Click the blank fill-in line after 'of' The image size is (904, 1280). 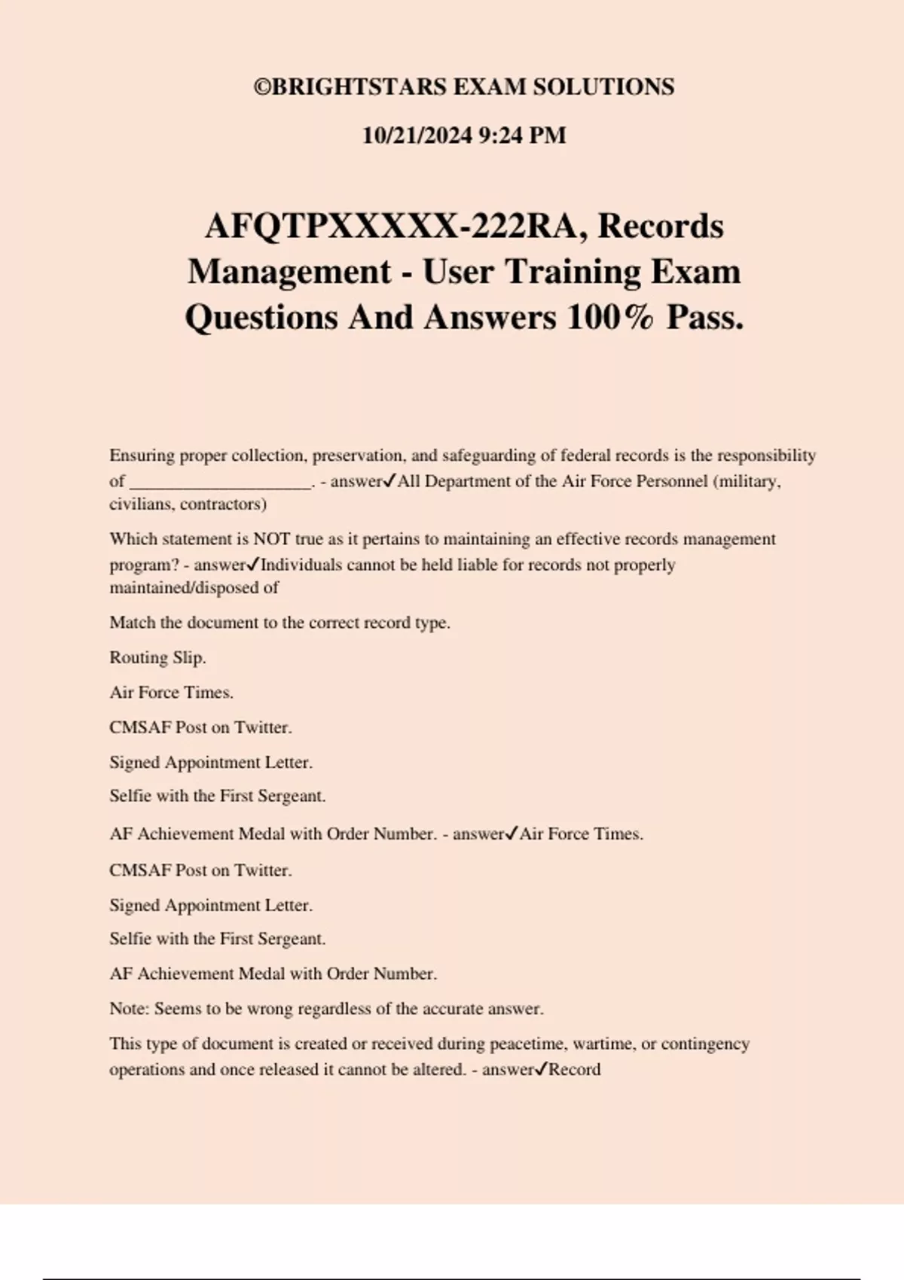click(220, 483)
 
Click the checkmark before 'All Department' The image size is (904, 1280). click(389, 480)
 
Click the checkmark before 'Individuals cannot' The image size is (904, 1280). click(253, 564)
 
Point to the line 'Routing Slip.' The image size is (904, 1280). click(157, 657)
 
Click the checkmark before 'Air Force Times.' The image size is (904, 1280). click(512, 834)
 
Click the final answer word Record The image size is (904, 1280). click(574, 1070)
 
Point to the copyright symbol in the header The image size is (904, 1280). click(262, 87)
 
